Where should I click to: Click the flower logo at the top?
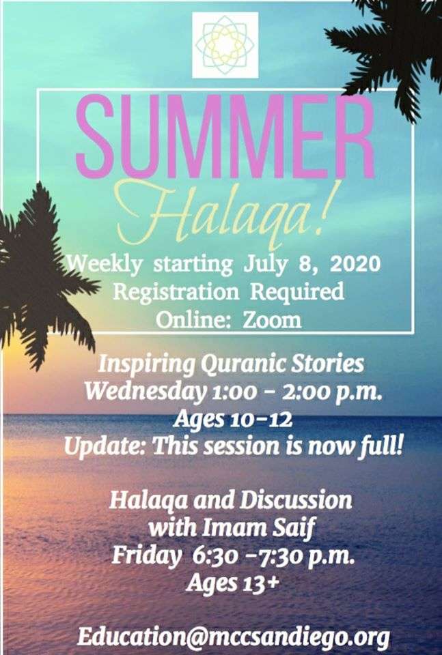click(x=225, y=45)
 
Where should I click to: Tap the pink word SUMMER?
click(x=225, y=137)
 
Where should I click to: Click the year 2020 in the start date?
click(x=355, y=264)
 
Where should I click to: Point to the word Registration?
click(x=176, y=291)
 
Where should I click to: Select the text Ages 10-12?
click(x=232, y=419)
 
